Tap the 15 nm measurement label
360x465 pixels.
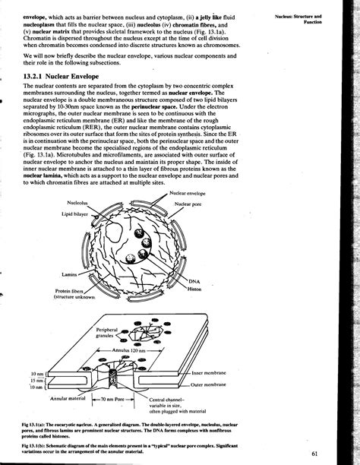tap(36, 381)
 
